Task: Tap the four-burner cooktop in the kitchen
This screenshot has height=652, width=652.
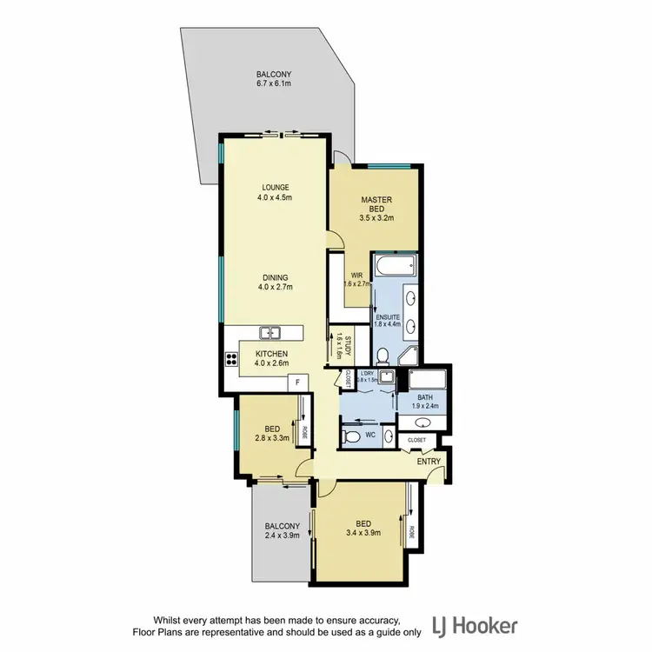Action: tap(232, 357)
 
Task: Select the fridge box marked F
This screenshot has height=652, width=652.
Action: tap(297, 382)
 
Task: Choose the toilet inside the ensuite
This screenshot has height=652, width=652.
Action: tap(383, 355)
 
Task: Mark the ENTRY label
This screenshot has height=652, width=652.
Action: tap(429, 461)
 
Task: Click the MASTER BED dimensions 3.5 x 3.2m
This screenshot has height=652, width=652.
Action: tap(377, 219)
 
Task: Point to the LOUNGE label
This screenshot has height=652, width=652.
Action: tap(274, 187)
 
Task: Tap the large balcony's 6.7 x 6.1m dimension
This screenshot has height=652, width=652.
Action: tap(275, 84)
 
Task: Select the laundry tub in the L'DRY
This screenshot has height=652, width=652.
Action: tap(385, 377)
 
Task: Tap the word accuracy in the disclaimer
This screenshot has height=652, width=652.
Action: tap(374, 619)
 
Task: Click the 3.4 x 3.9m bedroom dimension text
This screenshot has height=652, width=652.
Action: tap(363, 533)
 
